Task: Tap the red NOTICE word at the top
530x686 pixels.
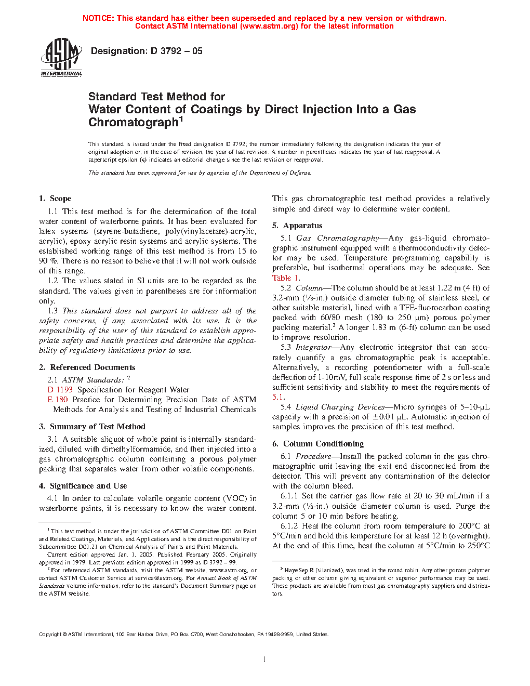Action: coord(98,18)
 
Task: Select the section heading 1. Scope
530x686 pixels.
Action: coord(55,199)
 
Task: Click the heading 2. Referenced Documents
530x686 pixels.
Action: coord(87,367)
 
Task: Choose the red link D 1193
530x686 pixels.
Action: coord(60,390)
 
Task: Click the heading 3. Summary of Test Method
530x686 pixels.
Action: coord(92,427)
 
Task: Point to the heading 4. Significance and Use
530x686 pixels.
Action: coord(83,486)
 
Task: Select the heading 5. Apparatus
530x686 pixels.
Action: coord(297,226)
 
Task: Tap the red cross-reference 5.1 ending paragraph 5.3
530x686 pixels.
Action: coord(278,397)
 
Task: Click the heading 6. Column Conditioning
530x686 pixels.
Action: coord(318,444)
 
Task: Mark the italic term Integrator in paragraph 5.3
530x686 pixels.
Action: coord(313,347)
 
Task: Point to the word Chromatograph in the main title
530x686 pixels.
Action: coord(134,123)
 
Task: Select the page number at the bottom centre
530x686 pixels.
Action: coord(264,659)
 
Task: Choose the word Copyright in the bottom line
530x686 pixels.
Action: coord(50,634)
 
